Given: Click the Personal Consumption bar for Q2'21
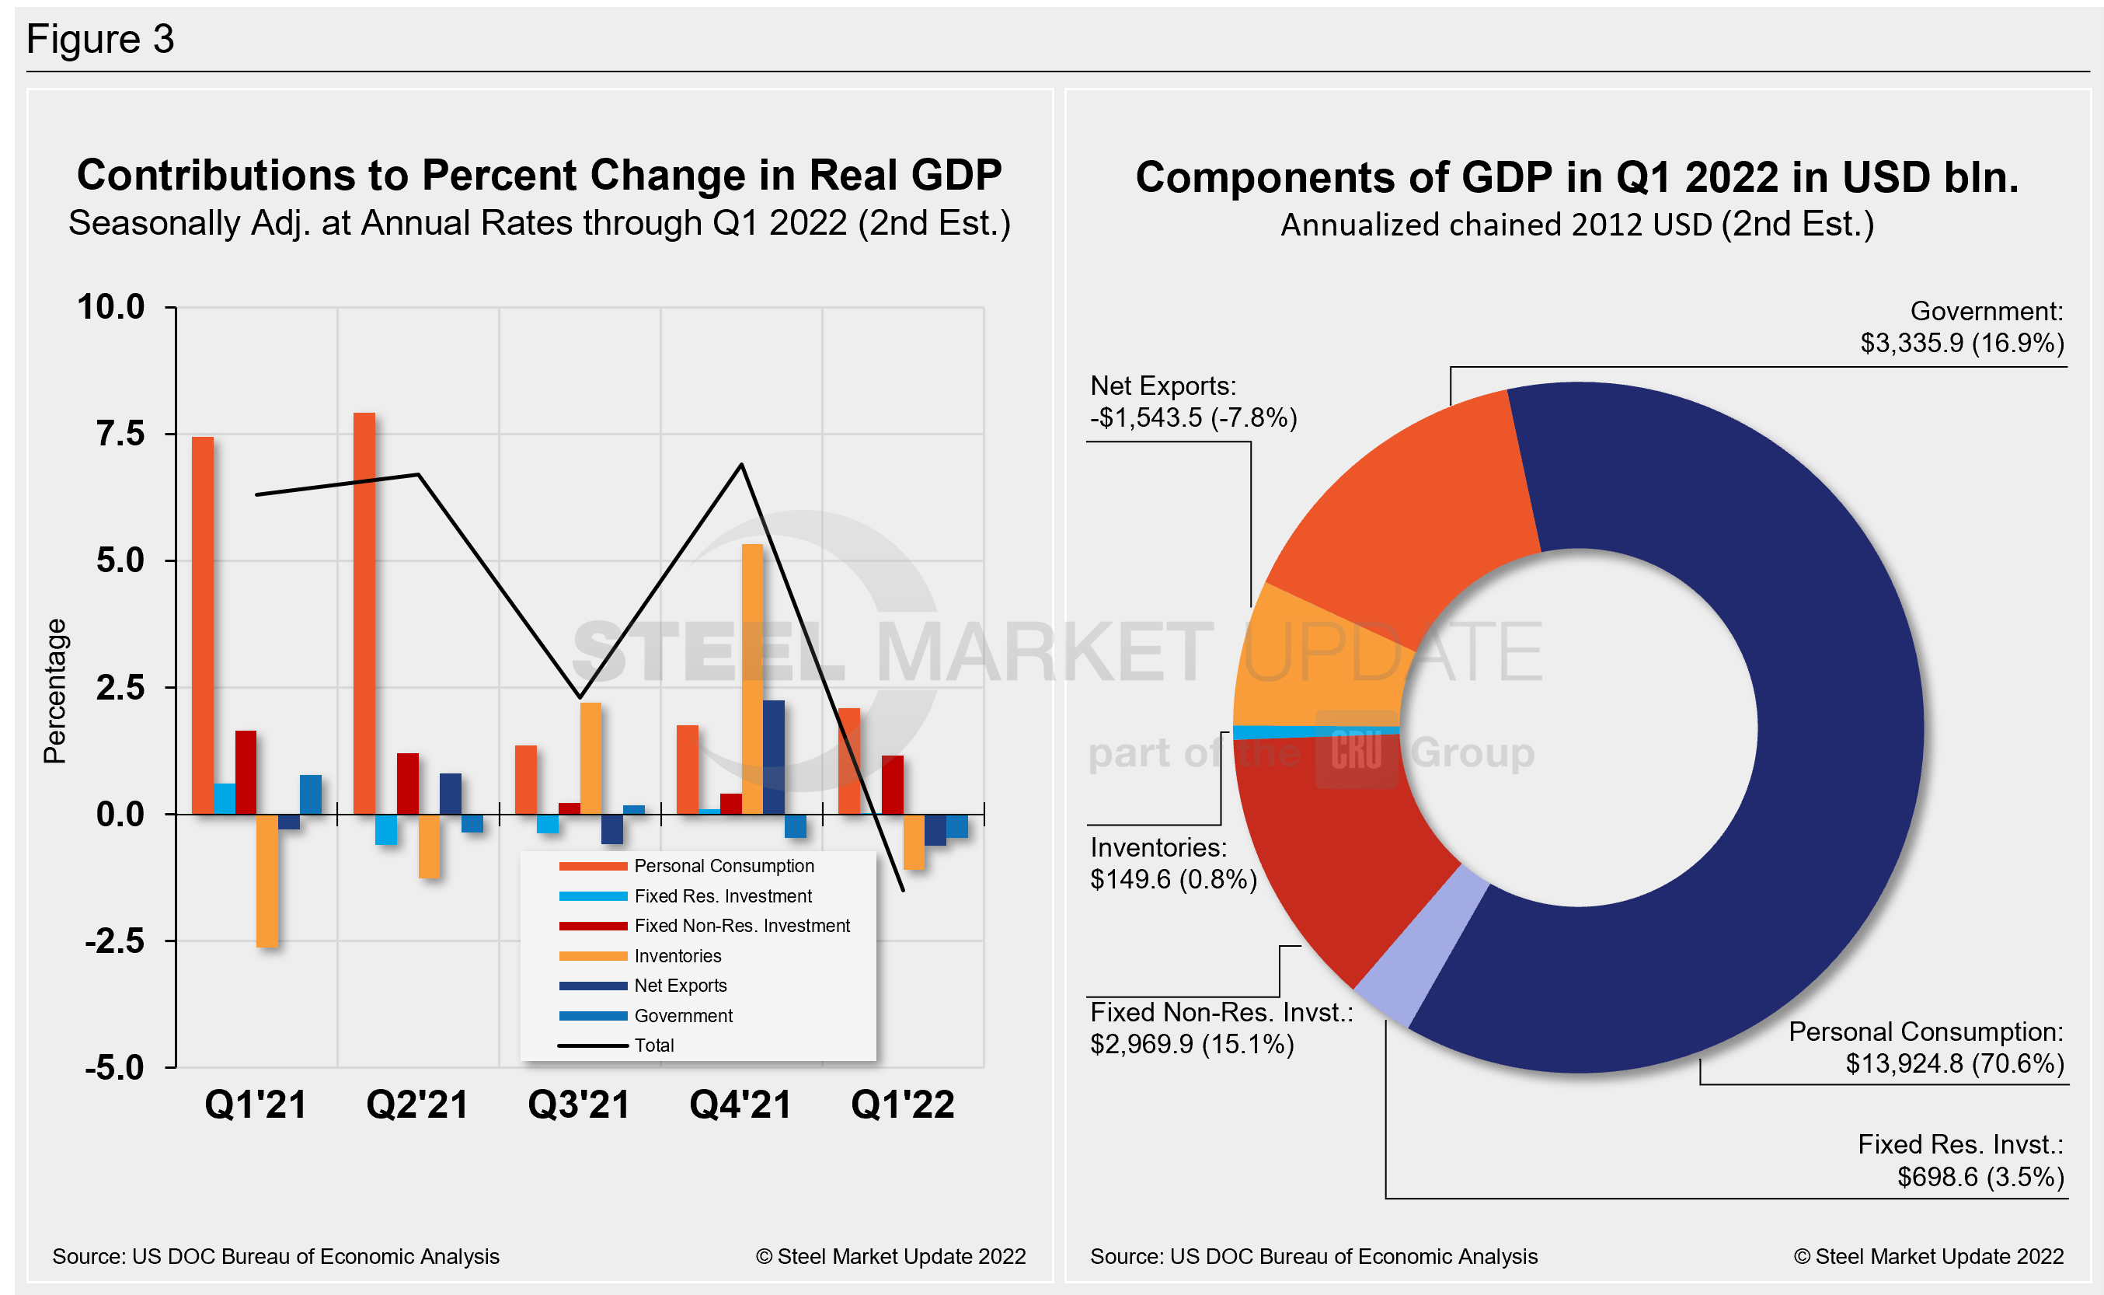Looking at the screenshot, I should tap(364, 613).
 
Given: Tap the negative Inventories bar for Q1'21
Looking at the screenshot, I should tap(267, 880).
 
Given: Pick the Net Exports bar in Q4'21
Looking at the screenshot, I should tap(773, 757).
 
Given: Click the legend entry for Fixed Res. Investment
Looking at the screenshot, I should tap(723, 896).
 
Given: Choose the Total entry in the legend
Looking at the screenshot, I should tap(654, 1045).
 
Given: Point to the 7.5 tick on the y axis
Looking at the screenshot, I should tap(120, 435).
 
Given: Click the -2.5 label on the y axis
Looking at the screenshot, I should tap(115, 941).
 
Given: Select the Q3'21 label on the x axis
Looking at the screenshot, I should tap(579, 1104).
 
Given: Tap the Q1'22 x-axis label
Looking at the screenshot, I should tap(902, 1104).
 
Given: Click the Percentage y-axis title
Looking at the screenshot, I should tap(55, 690).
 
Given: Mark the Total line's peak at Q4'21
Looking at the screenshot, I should tap(741, 465).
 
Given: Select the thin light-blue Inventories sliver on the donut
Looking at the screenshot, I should tap(1315, 731).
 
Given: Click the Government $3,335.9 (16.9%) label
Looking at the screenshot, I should tap(1961, 327).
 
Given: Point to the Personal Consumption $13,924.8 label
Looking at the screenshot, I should tap(1926, 1048).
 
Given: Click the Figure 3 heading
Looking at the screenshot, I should tap(100, 40).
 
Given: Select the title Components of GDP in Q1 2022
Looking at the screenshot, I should tap(1576, 177).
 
